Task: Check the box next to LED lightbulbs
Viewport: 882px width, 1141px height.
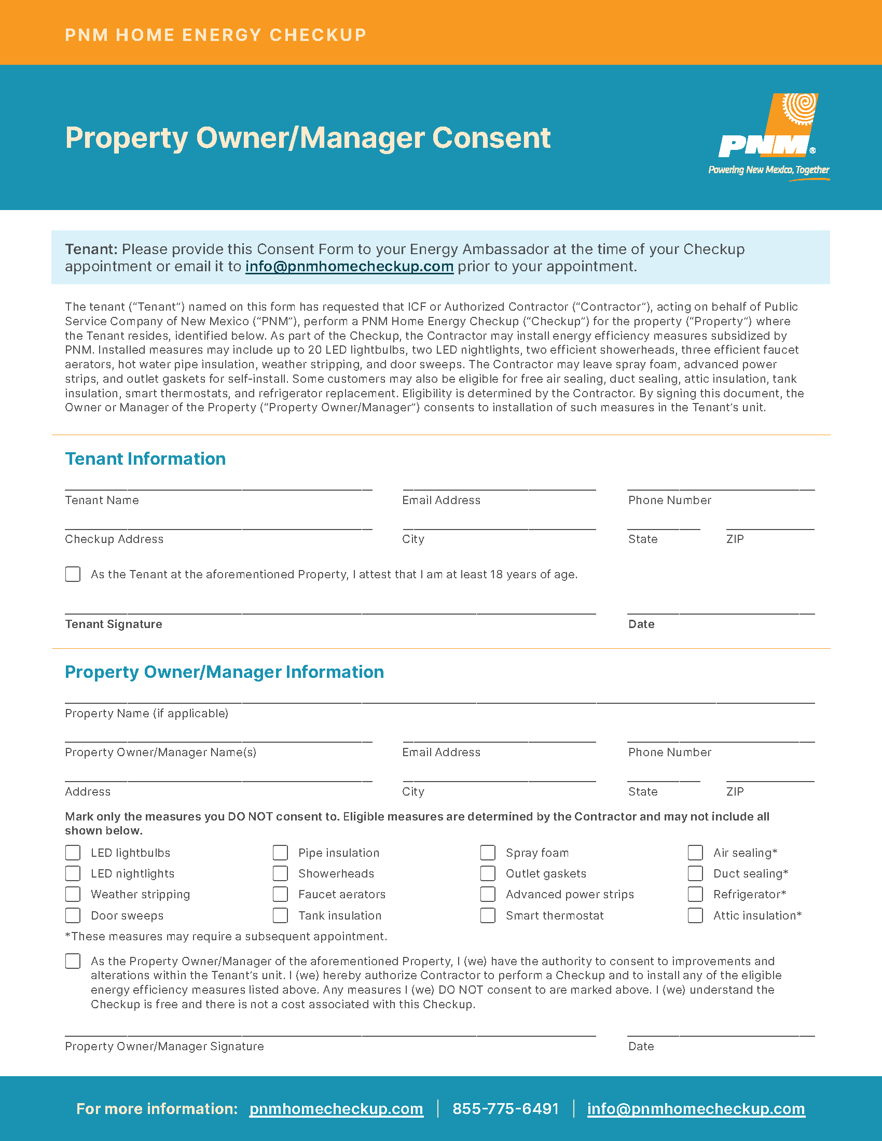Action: (73, 853)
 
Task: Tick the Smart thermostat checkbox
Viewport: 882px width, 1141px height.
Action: (488, 915)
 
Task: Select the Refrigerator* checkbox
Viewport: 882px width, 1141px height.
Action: (695, 895)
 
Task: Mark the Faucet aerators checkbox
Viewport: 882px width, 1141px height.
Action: (280, 895)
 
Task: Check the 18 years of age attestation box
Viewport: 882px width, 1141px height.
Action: (73, 574)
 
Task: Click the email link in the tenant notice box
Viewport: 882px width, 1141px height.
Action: (349, 267)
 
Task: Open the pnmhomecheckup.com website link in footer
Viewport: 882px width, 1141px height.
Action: (336, 1109)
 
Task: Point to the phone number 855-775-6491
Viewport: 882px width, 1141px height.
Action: (505, 1109)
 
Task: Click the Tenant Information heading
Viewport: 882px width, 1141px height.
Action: (145, 458)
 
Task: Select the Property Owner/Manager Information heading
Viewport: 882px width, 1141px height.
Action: (224, 672)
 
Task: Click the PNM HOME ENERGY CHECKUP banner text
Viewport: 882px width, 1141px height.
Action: (215, 35)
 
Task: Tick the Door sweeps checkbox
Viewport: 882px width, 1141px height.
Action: (73, 915)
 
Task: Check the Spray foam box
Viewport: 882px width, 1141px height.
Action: (488, 853)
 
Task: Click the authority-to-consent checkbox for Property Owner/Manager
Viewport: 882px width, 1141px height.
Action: (73, 961)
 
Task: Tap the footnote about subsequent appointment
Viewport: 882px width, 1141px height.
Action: (226, 936)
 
